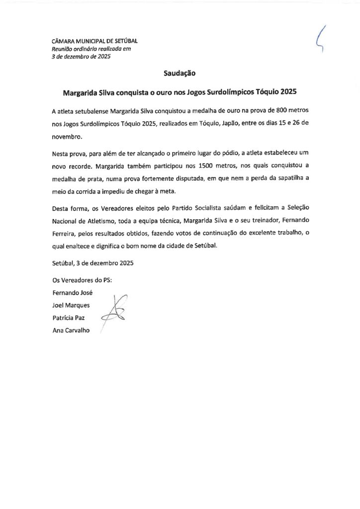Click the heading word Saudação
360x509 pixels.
[180, 74]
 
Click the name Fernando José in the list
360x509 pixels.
[73, 292]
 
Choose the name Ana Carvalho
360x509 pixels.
[71, 331]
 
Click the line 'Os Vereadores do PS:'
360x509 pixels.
[82, 279]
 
